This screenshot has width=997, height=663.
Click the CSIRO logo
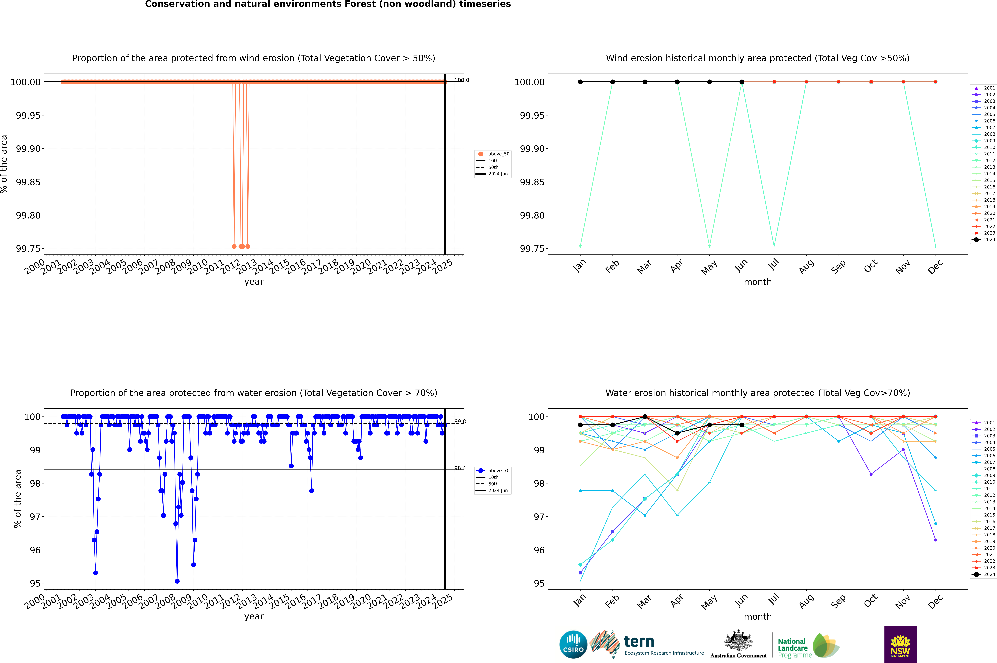(573, 644)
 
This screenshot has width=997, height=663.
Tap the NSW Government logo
(900, 644)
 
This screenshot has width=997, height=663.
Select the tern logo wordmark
(639, 642)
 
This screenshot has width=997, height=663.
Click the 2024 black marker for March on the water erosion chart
(645, 417)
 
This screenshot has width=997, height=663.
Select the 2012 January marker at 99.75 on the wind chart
(580, 246)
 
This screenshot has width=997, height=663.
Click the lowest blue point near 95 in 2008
(177, 581)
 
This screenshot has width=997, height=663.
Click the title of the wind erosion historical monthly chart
(757, 58)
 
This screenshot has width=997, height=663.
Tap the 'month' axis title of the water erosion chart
(757, 617)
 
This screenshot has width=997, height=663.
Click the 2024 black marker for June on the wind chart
(742, 82)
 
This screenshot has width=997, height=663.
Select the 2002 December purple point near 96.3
(935, 540)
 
